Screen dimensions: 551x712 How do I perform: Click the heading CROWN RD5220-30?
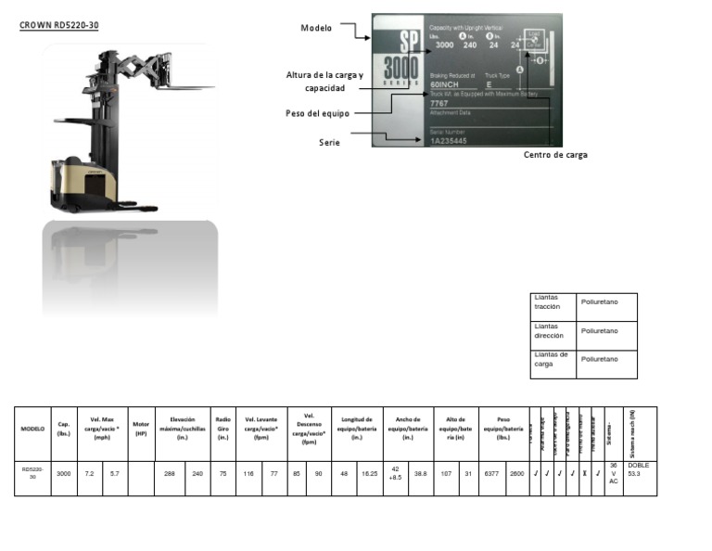(59, 25)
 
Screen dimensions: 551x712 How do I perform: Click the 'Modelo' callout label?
(316, 28)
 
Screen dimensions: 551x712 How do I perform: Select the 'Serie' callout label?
(329, 143)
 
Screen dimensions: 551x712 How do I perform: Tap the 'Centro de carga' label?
(555, 155)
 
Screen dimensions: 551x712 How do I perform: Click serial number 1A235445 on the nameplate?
(449, 141)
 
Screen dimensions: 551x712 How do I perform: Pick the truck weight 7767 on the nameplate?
(439, 104)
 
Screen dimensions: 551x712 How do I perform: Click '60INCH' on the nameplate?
(445, 84)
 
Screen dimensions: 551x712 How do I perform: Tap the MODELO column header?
(32, 429)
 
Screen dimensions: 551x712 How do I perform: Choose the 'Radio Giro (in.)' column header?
(222, 429)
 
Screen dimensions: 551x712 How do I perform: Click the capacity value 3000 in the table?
(63, 474)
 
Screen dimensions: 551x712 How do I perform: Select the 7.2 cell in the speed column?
(90, 474)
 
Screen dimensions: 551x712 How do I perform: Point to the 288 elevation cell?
(170, 474)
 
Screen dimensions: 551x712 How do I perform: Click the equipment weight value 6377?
(491, 474)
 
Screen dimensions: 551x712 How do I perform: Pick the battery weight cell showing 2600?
(517, 474)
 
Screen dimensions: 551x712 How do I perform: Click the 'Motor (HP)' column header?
(141, 429)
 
